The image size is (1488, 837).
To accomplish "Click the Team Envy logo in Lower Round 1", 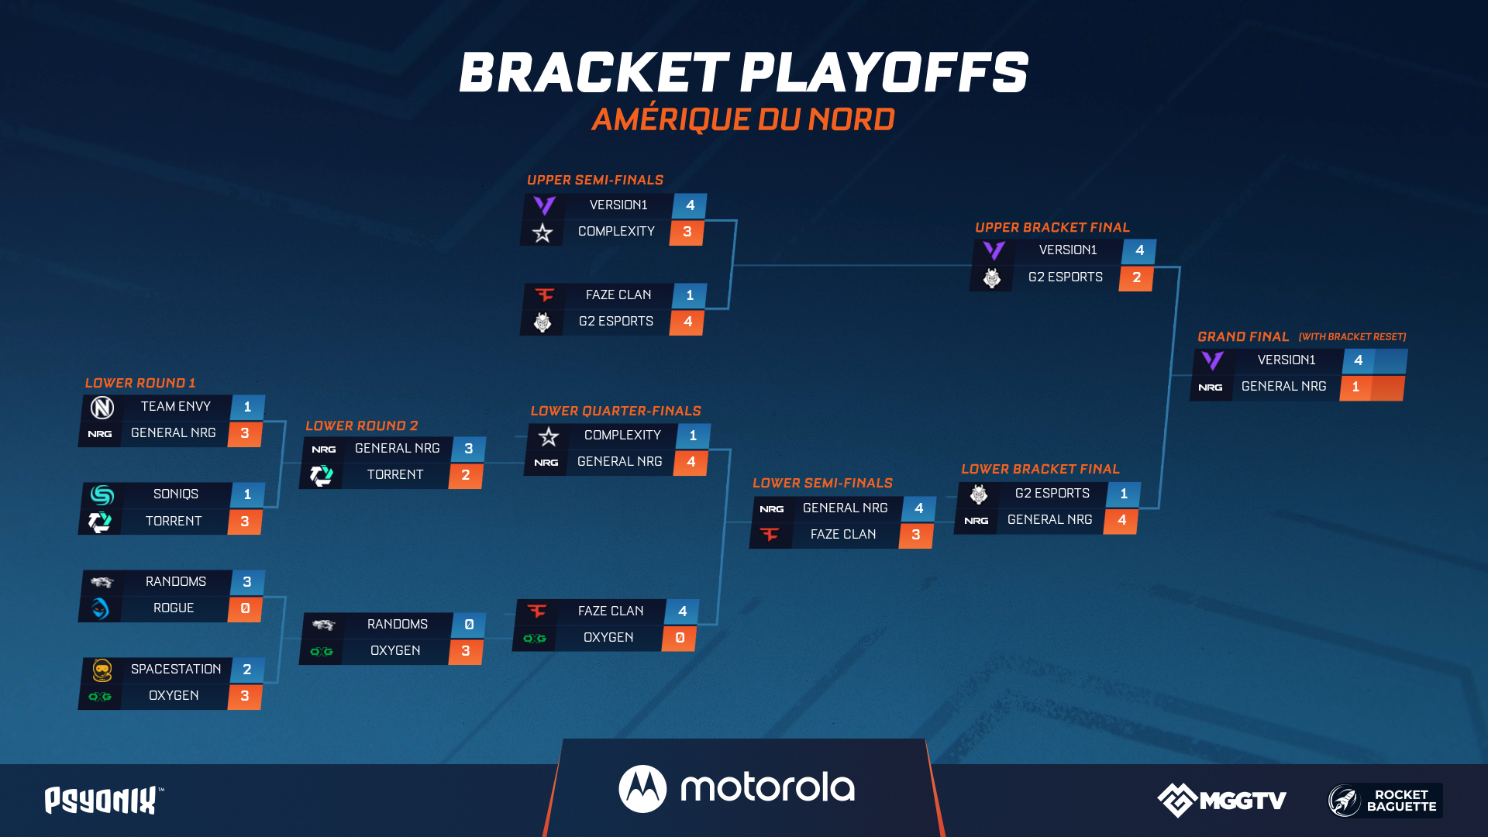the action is coord(102,407).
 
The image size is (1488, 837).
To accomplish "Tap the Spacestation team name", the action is coord(176,669).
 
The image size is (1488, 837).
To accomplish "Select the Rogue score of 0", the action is coord(246,608).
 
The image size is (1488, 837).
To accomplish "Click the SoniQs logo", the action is coord(102,494).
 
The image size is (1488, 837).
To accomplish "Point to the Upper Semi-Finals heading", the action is coord(595,180).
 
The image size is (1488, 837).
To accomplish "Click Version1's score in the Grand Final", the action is coord(1359,360).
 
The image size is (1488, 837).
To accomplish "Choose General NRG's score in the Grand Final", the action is coord(1355,387).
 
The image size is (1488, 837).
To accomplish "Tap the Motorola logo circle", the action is coord(642,789).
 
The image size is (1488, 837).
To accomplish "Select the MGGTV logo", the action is coord(1222,800).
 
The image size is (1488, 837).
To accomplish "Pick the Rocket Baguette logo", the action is coord(1385,801).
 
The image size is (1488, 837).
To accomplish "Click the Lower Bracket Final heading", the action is coord(1040,469).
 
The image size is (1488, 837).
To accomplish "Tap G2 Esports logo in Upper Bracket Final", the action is coord(992,277).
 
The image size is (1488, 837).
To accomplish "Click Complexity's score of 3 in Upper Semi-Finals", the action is coord(687,232).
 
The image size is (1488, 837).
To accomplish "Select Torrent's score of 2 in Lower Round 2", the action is coord(466,475).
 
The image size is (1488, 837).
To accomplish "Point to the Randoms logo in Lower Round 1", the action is coord(102,582).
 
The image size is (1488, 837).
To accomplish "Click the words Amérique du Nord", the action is coord(743,119).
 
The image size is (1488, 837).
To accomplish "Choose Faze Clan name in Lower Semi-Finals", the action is coord(843,534).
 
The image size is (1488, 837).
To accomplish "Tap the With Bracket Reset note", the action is coord(1352,336).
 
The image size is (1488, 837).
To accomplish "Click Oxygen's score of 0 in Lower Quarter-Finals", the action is coord(680,638).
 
